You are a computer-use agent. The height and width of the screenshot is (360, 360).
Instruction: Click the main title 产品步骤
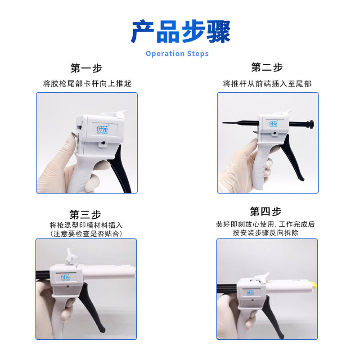pos(180,31)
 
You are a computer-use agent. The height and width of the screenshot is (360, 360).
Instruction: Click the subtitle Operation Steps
pos(177,54)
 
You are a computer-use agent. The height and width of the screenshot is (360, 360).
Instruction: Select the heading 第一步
pos(86,68)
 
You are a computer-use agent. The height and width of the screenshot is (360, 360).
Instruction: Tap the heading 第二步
pos(267,67)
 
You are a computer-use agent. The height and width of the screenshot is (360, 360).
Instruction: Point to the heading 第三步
pos(85,215)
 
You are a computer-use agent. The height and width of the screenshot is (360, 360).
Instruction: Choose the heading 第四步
pos(265,211)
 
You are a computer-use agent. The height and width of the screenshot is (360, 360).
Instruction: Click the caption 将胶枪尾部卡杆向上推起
pos(87,84)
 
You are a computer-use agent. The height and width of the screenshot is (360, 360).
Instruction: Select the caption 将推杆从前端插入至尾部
pos(267,84)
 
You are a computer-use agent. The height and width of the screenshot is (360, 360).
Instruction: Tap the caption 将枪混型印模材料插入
pos(86,225)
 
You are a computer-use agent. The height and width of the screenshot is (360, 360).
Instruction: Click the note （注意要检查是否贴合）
pos(86,234)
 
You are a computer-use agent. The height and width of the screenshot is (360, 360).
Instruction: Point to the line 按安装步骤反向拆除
pos(265,233)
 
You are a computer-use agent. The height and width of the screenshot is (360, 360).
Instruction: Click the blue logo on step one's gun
pos(102,130)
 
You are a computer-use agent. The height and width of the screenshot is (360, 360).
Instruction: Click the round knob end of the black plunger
pos(311,124)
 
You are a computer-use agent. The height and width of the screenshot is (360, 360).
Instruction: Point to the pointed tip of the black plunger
pos(223,122)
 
